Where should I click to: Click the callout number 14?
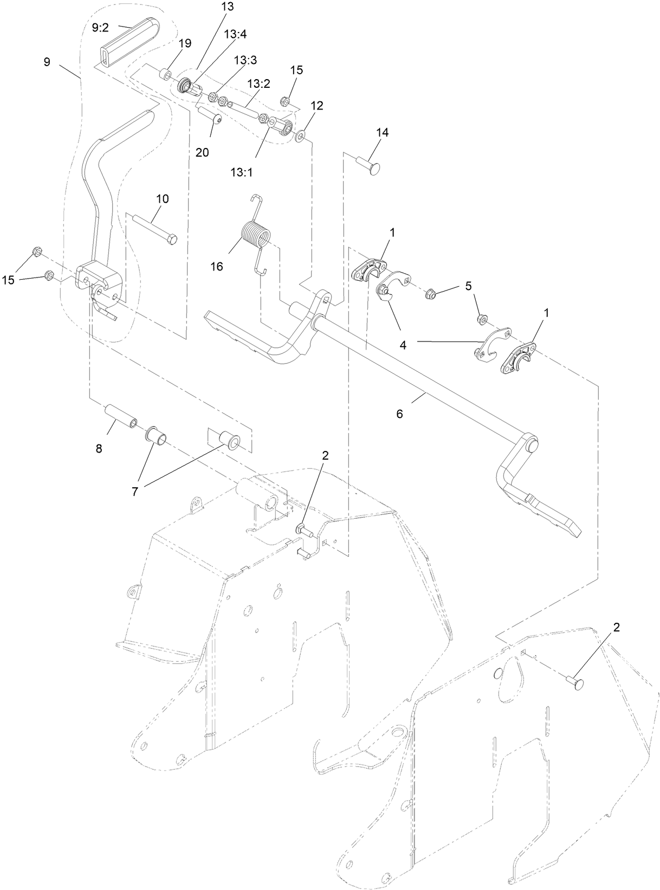pyautogui.click(x=383, y=132)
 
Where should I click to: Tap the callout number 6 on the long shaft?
pyautogui.click(x=399, y=414)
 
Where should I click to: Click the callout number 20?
pyautogui.click(x=202, y=152)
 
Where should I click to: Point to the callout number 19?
pyautogui.click(x=185, y=43)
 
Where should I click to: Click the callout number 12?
pyautogui.click(x=316, y=106)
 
